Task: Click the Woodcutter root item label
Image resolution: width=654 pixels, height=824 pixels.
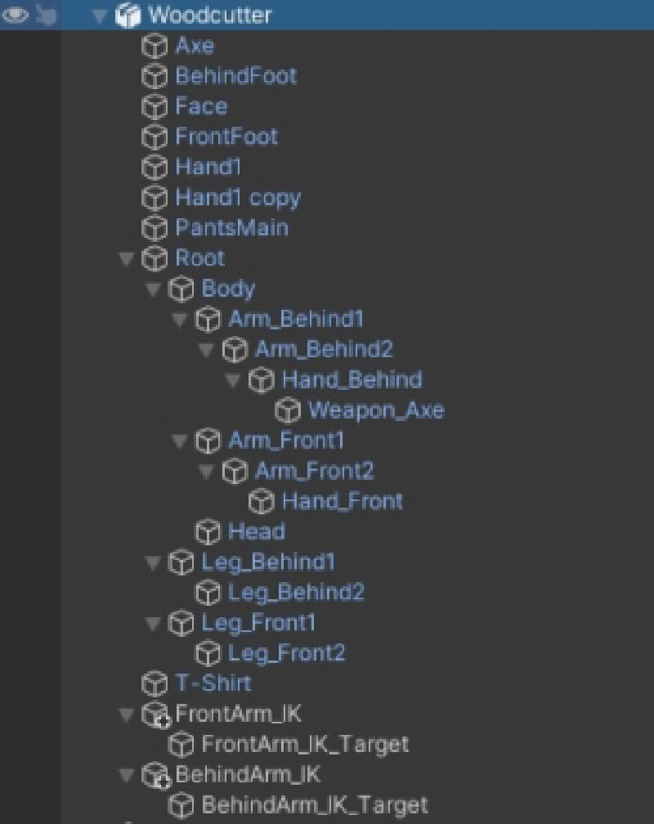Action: click(210, 15)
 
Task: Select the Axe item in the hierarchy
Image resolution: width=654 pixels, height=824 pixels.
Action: click(195, 46)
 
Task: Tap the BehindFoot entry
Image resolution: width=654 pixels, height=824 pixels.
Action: click(235, 76)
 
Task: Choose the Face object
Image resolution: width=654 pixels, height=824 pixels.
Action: click(201, 106)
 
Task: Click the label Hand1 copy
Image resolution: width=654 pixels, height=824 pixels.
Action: click(238, 197)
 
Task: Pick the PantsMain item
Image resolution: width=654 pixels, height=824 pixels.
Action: click(231, 227)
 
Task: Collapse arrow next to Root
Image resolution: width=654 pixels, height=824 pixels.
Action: click(126, 258)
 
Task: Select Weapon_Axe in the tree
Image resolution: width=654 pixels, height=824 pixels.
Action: click(376, 410)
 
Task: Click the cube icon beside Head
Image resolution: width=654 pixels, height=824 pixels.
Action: click(208, 532)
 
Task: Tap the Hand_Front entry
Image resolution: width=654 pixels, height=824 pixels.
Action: click(342, 500)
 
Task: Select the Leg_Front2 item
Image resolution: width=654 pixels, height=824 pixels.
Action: click(286, 653)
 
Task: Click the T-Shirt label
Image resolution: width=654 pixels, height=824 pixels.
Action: click(213, 683)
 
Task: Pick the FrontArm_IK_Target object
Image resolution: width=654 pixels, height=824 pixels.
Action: click(304, 744)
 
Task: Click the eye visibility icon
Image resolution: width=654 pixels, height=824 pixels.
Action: click(16, 15)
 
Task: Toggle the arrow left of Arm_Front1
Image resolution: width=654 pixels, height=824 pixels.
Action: click(179, 441)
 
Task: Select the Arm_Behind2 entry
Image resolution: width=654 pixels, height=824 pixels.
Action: click(324, 349)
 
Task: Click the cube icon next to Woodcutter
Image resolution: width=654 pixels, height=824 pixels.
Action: click(128, 15)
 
